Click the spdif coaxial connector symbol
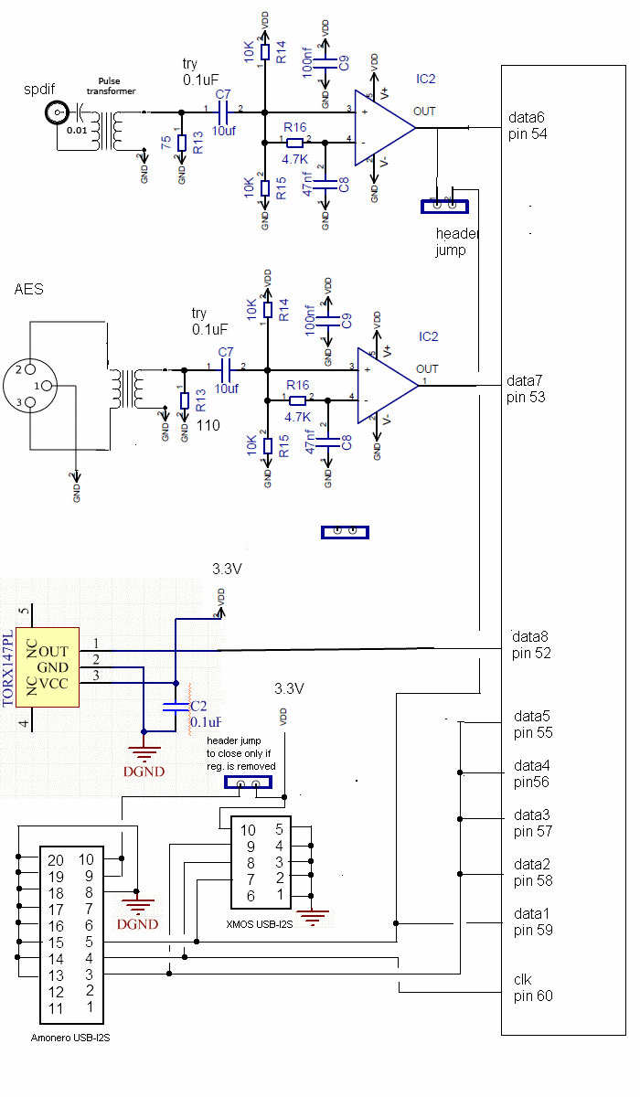(x=58, y=113)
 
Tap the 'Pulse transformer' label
(x=111, y=86)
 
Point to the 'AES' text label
(x=28, y=290)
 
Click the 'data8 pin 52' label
(x=530, y=644)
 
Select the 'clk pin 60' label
(x=532, y=987)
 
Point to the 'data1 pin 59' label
(x=533, y=921)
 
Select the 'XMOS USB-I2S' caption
(x=260, y=924)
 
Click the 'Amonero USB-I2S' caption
(x=71, y=1038)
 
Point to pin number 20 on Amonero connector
(x=56, y=859)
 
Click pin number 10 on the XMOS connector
(x=248, y=830)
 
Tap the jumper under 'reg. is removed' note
(x=249, y=783)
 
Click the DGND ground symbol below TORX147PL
(x=144, y=751)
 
